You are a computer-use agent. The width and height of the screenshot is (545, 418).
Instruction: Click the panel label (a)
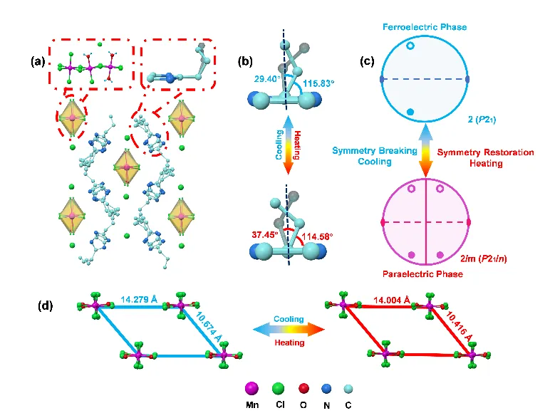(38, 61)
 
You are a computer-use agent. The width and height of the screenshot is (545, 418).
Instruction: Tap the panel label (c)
(368, 61)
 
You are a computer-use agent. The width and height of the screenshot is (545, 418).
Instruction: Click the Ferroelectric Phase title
(424, 27)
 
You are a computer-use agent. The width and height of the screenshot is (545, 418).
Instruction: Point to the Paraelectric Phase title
(425, 273)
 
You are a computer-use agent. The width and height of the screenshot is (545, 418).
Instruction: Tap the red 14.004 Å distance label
(385, 301)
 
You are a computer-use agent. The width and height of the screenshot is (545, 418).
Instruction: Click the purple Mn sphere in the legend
(250, 388)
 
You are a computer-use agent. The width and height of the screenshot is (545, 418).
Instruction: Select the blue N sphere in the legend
(327, 388)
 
